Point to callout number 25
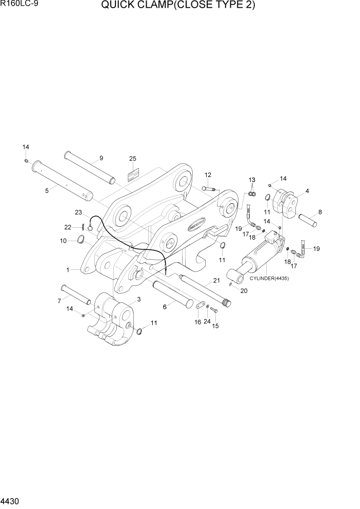pos(132,159)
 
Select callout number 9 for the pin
pos(101,158)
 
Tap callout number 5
pos(47,190)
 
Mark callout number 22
pos(68,227)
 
